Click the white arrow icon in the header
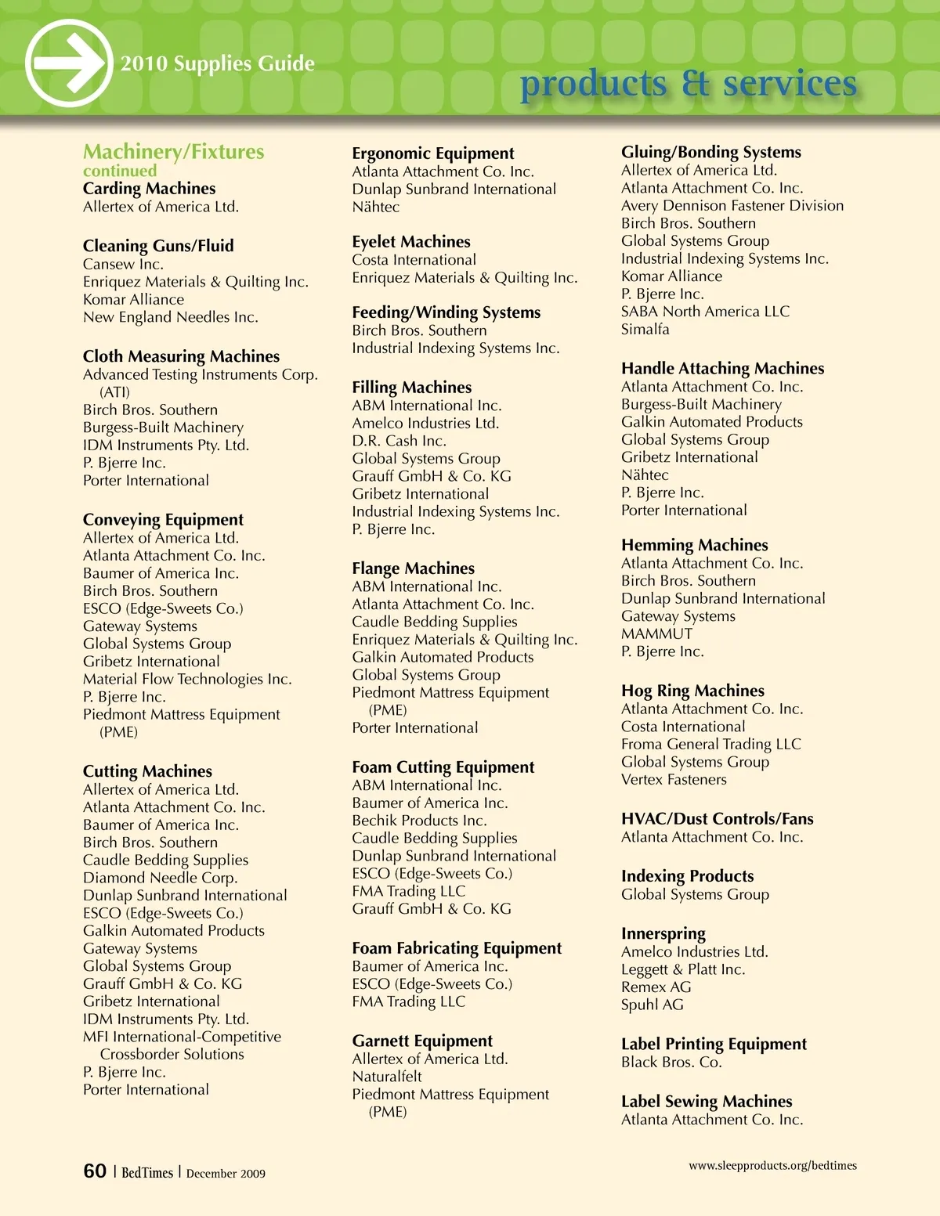point(69,63)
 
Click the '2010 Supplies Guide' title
point(217,63)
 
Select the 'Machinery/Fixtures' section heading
point(173,152)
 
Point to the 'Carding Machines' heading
point(149,189)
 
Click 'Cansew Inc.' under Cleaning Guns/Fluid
point(123,264)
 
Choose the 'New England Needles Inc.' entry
point(170,317)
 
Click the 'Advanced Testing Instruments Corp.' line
point(200,375)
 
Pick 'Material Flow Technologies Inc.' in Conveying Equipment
point(187,680)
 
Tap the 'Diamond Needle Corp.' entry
point(160,878)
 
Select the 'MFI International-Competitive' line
point(182,1037)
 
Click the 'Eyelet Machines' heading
point(411,242)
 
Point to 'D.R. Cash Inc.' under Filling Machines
point(399,441)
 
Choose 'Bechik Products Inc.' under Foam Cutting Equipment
point(419,821)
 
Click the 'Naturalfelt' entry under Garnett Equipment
point(387,1077)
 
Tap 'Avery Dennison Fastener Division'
point(732,206)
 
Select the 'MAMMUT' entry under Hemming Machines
point(656,634)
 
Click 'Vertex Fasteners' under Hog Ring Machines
point(674,780)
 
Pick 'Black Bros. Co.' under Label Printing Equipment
point(671,1063)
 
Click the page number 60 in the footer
point(95,1171)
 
